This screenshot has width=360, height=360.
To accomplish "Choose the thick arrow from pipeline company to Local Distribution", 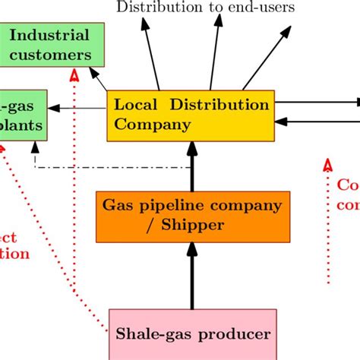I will (192, 168).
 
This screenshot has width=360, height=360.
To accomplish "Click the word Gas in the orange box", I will (118, 205).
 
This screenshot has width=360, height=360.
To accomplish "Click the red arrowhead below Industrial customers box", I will (74, 76).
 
